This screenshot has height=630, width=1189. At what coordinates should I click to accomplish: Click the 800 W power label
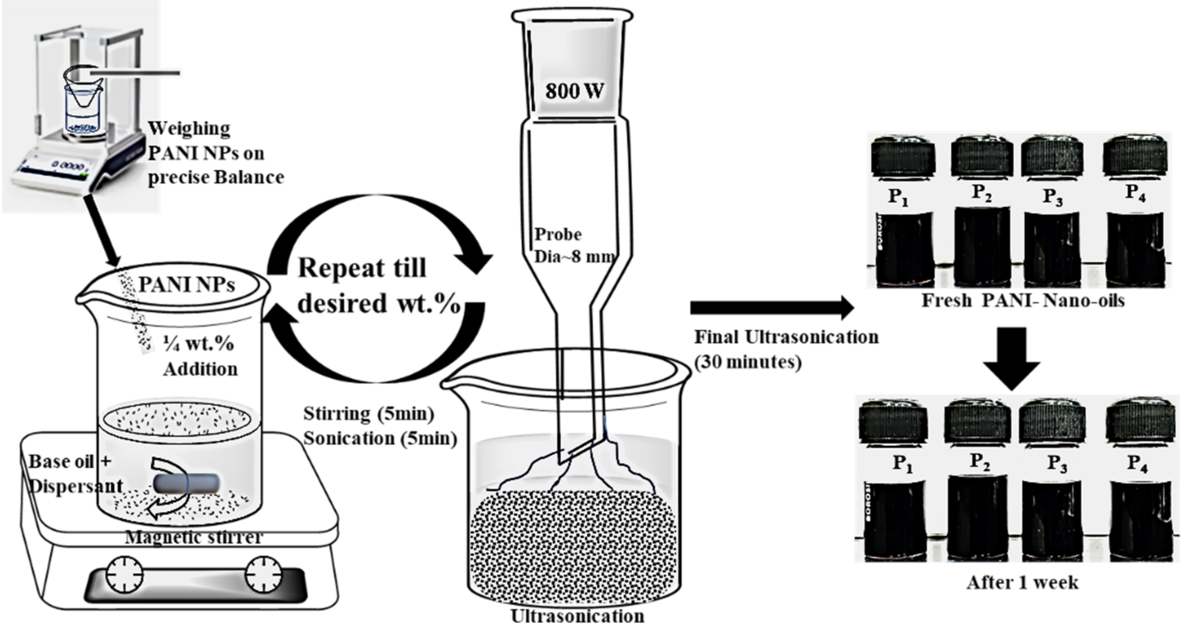coord(574,91)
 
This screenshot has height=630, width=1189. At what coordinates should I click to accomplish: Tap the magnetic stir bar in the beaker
coord(186,483)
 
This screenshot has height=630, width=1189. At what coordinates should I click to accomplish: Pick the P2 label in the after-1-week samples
coord(981,461)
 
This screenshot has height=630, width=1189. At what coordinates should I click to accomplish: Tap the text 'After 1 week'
coord(1022,583)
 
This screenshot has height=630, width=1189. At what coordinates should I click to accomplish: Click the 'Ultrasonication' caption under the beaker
coord(577,616)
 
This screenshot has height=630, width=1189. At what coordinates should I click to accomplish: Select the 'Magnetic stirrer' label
coord(194,537)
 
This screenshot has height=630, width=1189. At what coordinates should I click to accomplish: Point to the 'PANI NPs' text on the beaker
coord(186,285)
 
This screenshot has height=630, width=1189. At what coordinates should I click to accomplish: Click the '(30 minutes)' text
coord(748,362)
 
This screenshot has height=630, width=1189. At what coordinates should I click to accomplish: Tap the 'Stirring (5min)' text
coord(368,414)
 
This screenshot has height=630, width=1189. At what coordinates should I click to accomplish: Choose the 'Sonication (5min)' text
coord(380,438)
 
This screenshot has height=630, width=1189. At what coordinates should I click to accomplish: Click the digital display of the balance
coord(68,165)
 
